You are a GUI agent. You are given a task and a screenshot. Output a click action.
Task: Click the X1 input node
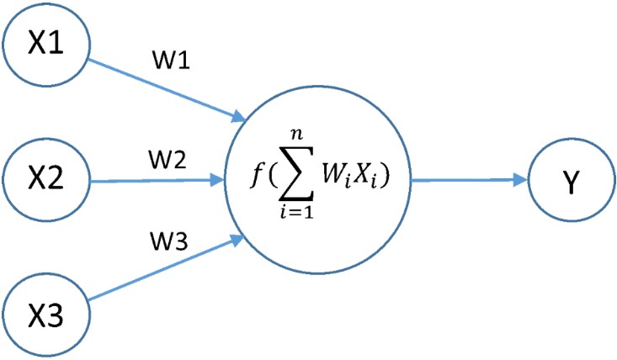pyautogui.click(x=46, y=43)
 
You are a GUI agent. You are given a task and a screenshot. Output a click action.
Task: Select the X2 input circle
pyautogui.click(x=46, y=179)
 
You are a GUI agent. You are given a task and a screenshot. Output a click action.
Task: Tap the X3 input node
pyautogui.click(x=46, y=315)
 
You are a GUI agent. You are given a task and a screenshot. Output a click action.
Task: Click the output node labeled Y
pyautogui.click(x=571, y=180)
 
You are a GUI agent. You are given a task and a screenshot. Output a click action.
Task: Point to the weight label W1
pyautogui.click(x=171, y=61)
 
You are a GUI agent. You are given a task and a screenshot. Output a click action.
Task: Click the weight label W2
pyautogui.click(x=168, y=160)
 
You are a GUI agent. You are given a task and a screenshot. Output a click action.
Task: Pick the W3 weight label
pyautogui.click(x=169, y=241)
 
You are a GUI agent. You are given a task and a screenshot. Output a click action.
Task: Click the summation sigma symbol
pyautogui.click(x=296, y=176)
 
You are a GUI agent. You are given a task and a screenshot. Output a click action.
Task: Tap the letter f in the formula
pyautogui.click(x=257, y=175)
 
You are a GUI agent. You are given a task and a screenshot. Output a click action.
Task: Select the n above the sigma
pyautogui.click(x=296, y=135)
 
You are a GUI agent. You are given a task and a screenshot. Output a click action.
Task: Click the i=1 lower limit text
pyautogui.click(x=297, y=212)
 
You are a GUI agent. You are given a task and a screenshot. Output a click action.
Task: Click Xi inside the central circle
pyautogui.click(x=364, y=176)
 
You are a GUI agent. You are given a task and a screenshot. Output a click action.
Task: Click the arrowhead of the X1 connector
pyautogui.click(x=238, y=116)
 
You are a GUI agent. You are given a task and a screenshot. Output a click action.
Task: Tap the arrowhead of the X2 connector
pyautogui.click(x=217, y=180)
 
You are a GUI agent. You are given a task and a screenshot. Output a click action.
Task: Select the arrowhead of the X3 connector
pyautogui.click(x=238, y=240)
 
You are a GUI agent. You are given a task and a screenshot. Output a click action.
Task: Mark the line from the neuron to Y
pyautogui.click(x=469, y=180)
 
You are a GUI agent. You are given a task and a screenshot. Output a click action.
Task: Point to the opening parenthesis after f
pyautogui.click(x=273, y=176)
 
